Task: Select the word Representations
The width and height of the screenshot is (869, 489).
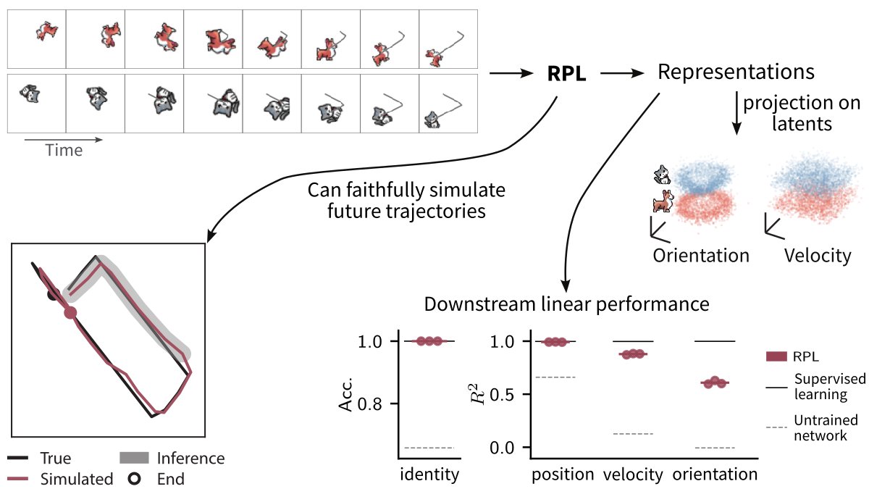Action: point(735,72)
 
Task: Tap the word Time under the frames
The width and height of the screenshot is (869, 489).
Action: point(64,151)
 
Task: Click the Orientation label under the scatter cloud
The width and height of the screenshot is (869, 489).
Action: point(700,255)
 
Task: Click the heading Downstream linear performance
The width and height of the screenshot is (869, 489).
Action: point(566,304)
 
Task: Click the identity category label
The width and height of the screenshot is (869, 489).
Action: point(429,475)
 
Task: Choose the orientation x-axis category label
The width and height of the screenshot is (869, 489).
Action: point(715,475)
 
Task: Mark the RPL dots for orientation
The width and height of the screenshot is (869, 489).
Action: point(715,382)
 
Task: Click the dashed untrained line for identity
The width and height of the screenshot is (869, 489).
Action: point(429,448)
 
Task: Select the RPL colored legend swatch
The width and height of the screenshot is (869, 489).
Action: point(776,356)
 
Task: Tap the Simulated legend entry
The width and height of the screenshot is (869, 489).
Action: point(77,479)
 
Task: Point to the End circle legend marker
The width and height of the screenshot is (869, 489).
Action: point(134,479)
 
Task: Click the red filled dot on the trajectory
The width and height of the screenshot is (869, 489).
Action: point(70,313)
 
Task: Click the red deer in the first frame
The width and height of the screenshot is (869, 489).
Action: point(48,31)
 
